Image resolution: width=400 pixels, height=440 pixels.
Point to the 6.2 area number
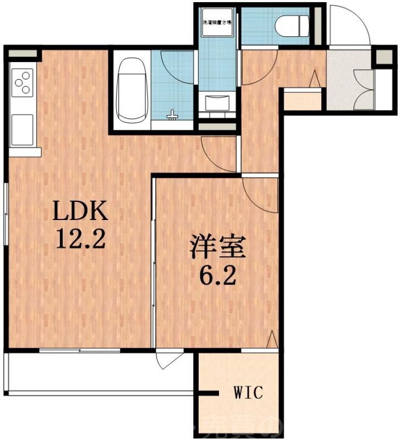click(x=217, y=274)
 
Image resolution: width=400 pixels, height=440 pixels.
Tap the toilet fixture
click(x=291, y=25)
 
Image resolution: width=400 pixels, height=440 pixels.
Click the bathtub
click(x=131, y=91)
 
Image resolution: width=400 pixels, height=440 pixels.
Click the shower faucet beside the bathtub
click(x=173, y=115)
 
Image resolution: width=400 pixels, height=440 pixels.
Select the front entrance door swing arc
click(x=349, y=25)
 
